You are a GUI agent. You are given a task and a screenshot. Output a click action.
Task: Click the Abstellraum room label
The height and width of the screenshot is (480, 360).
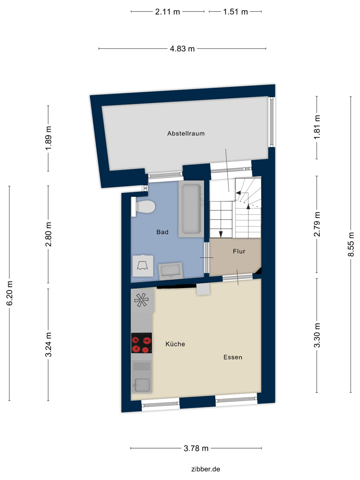[186, 133]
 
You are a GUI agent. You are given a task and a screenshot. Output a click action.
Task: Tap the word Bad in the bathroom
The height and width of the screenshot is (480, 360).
[162, 232]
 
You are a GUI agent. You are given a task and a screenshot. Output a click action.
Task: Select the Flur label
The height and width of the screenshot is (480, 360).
[239, 251]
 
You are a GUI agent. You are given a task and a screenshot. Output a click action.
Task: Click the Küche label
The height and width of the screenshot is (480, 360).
[175, 344]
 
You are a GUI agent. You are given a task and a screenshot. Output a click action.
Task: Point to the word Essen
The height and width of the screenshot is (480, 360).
[233, 357]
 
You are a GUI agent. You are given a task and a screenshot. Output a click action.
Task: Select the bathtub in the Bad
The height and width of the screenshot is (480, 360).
[191, 209]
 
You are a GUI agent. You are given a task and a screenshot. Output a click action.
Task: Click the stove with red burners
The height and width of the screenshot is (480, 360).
[141, 343]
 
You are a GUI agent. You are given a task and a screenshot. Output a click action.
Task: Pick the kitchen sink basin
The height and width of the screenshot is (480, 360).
[142, 385]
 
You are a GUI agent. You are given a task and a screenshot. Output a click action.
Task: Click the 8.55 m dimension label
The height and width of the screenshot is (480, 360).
[351, 244]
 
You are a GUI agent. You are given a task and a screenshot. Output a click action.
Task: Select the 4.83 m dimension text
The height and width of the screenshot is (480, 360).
[182, 49]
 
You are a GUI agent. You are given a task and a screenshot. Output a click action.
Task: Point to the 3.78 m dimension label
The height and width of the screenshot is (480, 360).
[196, 448]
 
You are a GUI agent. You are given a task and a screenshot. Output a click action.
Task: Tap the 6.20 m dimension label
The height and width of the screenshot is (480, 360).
[10, 293]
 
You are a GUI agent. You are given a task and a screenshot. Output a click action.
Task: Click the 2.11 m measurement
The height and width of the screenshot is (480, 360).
[167, 12]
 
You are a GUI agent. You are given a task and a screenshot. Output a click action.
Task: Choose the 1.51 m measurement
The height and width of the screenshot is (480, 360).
[235, 12]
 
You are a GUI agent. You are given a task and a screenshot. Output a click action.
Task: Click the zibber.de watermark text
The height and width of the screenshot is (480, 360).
[205, 469]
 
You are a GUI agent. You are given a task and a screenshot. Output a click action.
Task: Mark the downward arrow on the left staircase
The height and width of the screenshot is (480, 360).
[221, 234]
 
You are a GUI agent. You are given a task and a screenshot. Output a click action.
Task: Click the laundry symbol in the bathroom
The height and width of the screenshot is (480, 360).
[142, 266]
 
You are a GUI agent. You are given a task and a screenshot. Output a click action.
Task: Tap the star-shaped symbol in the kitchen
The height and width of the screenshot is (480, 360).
[141, 300]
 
